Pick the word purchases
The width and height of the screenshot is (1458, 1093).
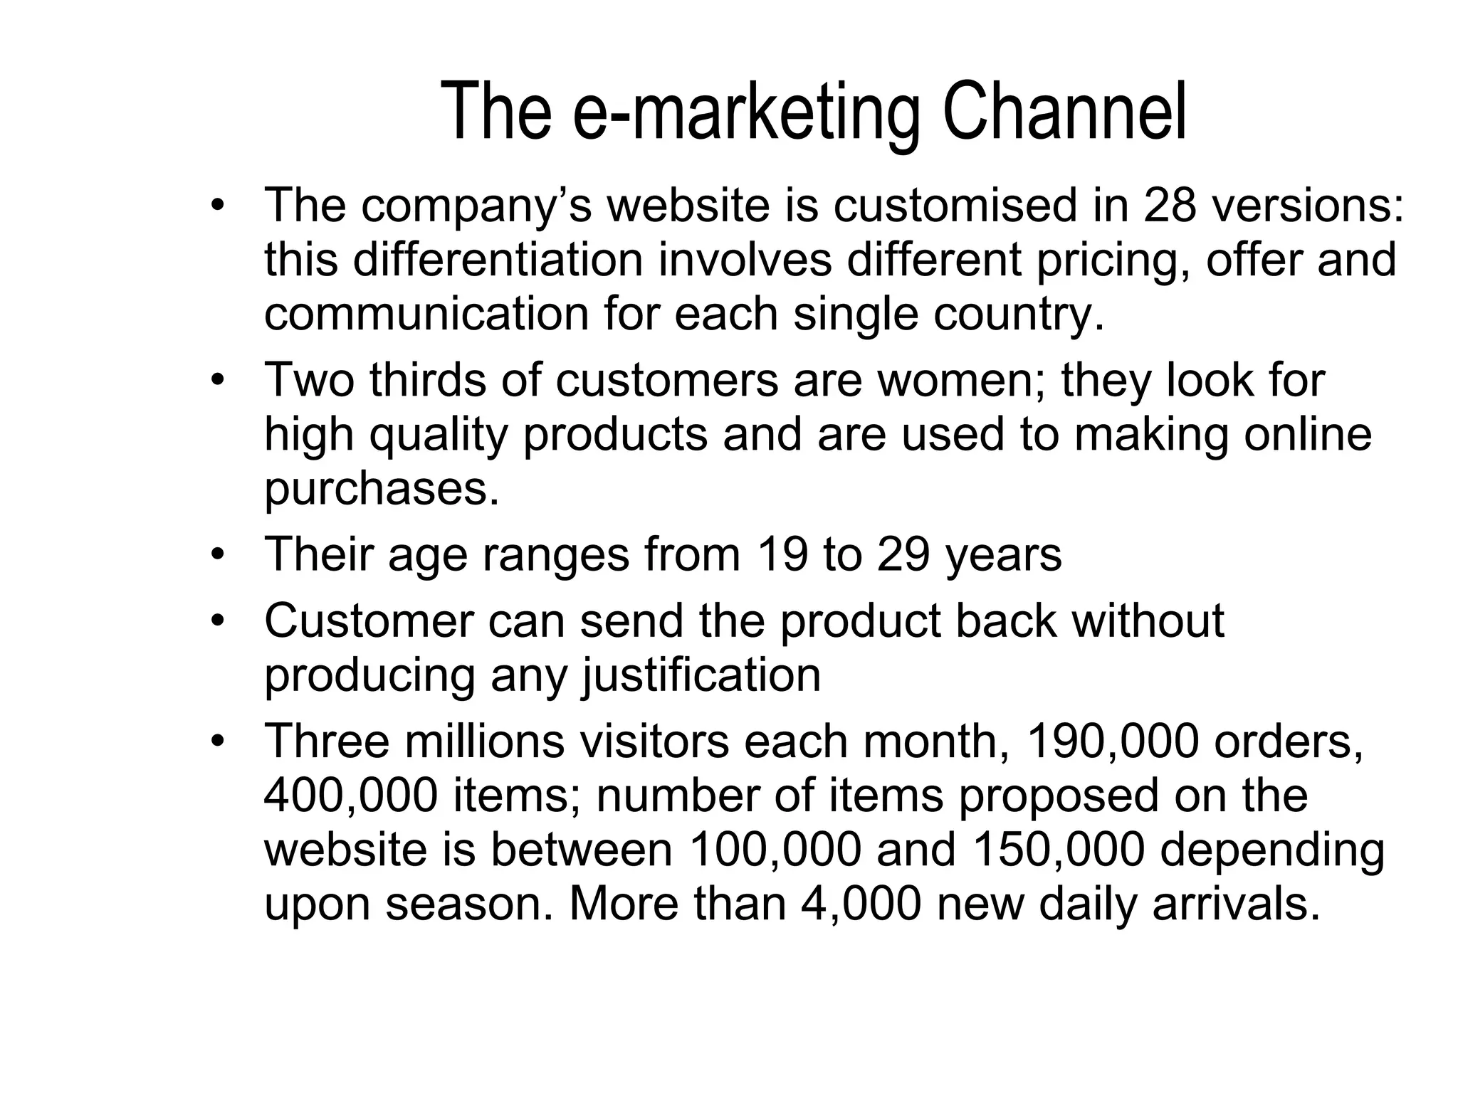pos(382,490)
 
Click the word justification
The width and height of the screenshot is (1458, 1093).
pos(701,675)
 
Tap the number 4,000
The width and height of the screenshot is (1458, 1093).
pos(861,904)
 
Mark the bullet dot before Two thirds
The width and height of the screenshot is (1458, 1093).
pos(217,380)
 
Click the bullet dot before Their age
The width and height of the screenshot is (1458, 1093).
pos(217,554)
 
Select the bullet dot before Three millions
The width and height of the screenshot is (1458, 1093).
pos(217,741)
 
